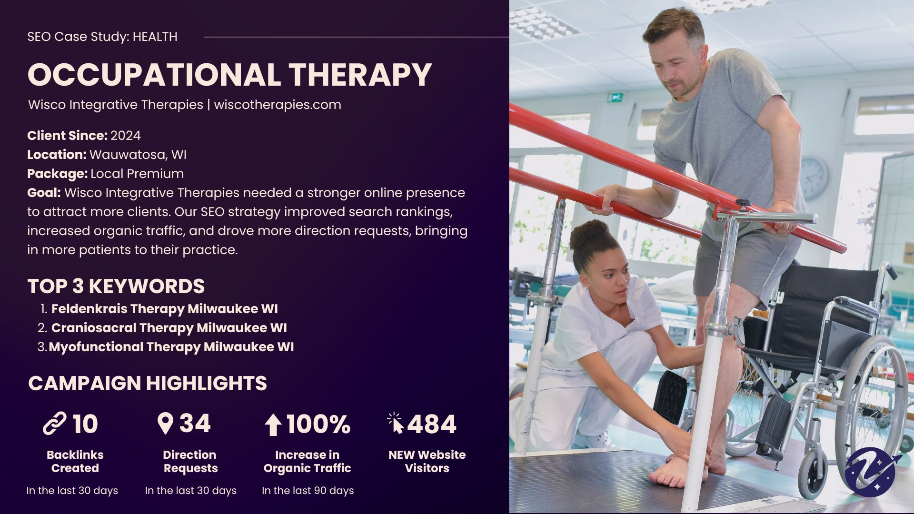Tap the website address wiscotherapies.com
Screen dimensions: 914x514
click(278, 105)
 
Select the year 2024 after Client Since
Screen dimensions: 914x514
click(126, 136)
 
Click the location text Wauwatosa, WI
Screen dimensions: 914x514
click(138, 155)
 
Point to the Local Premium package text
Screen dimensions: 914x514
click(137, 174)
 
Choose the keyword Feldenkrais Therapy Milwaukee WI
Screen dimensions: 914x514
click(165, 309)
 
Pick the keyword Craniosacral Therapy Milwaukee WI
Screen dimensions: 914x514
click(169, 328)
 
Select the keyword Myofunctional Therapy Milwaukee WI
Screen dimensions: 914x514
click(171, 347)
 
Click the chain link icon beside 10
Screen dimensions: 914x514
click(55, 424)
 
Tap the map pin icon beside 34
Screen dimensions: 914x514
click(165, 424)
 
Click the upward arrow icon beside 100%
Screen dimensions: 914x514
click(273, 425)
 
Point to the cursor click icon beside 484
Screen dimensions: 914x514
click(396, 423)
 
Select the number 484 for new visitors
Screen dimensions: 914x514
click(432, 424)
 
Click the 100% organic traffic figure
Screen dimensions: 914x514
click(318, 424)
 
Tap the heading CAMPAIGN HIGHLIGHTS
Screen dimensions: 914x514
click(148, 384)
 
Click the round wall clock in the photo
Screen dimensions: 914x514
click(814, 178)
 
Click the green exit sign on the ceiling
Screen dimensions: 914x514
click(616, 97)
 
